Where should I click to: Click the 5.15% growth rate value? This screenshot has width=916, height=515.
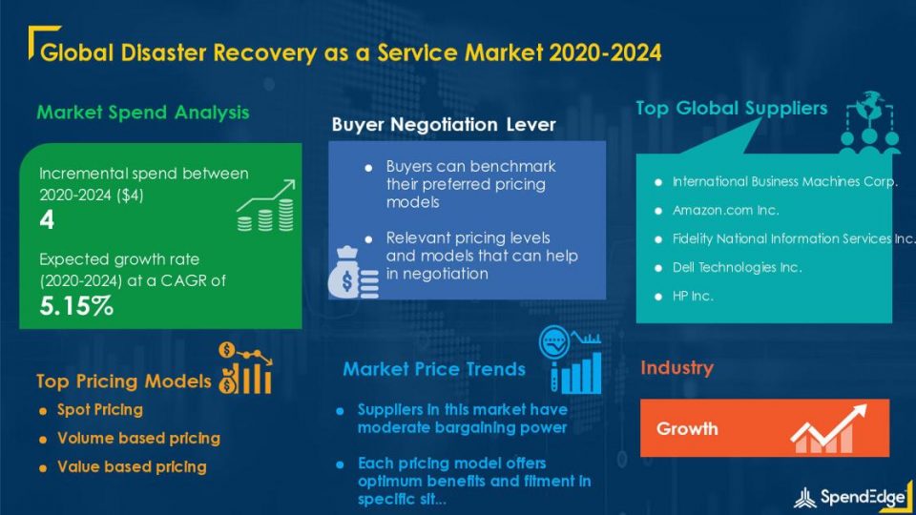(76, 306)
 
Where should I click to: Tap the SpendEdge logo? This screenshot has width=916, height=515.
(850, 497)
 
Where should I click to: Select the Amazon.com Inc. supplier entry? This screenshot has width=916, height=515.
(725, 210)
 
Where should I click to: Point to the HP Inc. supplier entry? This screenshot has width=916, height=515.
(693, 296)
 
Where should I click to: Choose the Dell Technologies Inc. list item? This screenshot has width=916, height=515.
(738, 267)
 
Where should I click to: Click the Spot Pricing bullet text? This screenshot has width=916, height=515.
(100, 410)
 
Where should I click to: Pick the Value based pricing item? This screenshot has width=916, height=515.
(132, 467)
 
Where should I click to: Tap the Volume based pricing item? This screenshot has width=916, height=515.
(139, 439)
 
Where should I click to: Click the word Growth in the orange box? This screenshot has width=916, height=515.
(687, 428)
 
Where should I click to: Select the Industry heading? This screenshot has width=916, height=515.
(677, 368)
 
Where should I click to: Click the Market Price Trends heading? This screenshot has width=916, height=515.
(434, 369)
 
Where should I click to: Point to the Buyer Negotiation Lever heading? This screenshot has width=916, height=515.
(444, 124)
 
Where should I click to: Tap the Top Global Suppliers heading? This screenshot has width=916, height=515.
(732, 108)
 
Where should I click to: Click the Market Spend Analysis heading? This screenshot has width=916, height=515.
(143, 113)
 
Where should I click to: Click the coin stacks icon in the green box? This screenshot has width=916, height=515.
(266, 206)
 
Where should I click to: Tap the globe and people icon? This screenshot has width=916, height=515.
(868, 123)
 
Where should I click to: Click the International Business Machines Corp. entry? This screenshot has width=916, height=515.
(784, 181)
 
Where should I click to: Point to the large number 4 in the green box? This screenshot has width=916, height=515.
(47, 220)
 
